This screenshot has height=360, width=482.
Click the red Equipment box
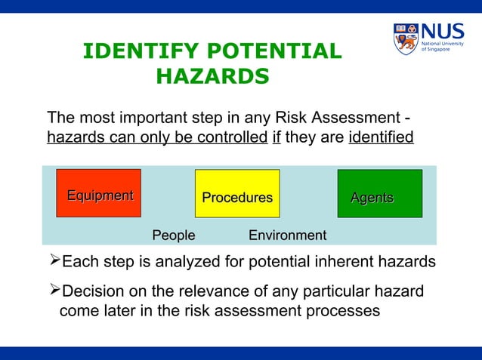98,193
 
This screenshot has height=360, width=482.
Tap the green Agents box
379,194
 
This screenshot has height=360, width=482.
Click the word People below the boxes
174,235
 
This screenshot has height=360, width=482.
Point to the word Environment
287,235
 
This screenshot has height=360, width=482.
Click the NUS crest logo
406,38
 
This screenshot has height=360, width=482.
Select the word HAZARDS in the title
212,77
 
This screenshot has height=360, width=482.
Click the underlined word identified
381,138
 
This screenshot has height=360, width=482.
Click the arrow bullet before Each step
53,262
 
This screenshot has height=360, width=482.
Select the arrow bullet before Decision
53,291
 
